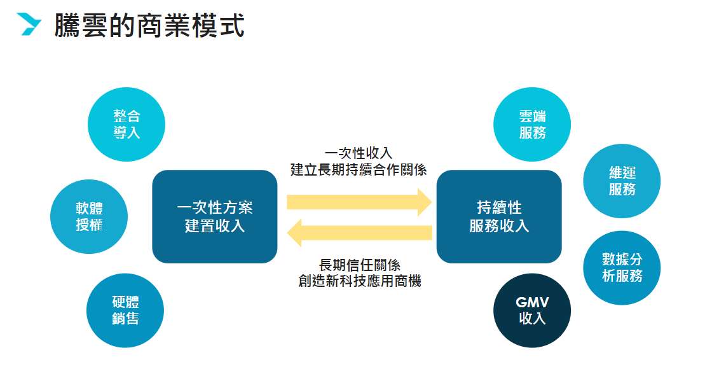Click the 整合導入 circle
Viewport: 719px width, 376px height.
click(127, 124)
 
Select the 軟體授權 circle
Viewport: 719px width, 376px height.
click(89, 216)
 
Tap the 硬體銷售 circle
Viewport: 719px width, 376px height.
click(125, 309)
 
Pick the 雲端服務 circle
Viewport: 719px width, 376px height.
click(532, 124)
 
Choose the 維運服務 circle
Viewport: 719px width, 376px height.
click(622, 181)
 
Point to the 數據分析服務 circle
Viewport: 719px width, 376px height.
click(622, 267)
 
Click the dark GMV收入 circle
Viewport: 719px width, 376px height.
click(532, 310)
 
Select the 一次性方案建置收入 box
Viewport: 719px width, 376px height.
click(215, 216)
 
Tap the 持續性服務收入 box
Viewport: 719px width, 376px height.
click(499, 216)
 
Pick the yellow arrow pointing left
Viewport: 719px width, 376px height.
click(359, 233)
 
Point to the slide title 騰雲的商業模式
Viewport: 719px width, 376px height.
click(149, 26)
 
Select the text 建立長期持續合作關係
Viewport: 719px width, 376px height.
click(359, 170)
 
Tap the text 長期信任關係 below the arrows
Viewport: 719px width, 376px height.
click(359, 264)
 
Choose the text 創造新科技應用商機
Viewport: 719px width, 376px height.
click(359, 281)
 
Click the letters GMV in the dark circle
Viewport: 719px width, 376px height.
click(532, 302)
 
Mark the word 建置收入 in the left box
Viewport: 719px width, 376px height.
click(215, 225)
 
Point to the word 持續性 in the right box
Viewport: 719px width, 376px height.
click(499, 207)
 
